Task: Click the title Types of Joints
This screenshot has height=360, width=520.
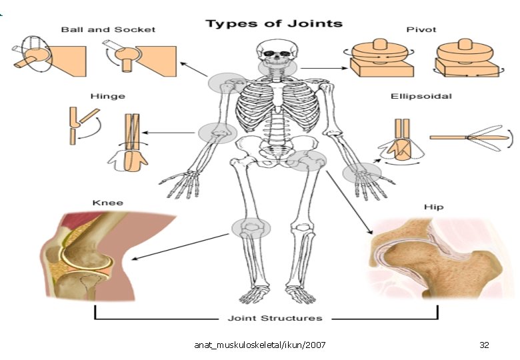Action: click(274, 24)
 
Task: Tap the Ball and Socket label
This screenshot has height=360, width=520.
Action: click(108, 29)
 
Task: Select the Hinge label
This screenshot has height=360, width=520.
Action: click(107, 96)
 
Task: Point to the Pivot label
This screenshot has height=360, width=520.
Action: click(421, 29)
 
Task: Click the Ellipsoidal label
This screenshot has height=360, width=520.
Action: click(421, 96)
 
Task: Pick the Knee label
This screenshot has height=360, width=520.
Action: click(107, 203)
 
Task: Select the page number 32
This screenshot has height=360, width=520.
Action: click(484, 345)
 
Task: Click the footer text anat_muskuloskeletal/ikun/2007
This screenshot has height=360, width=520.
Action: click(260, 345)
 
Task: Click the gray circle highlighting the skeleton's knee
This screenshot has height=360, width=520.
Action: click(251, 228)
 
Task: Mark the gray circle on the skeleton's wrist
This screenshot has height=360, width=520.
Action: click(362, 173)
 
